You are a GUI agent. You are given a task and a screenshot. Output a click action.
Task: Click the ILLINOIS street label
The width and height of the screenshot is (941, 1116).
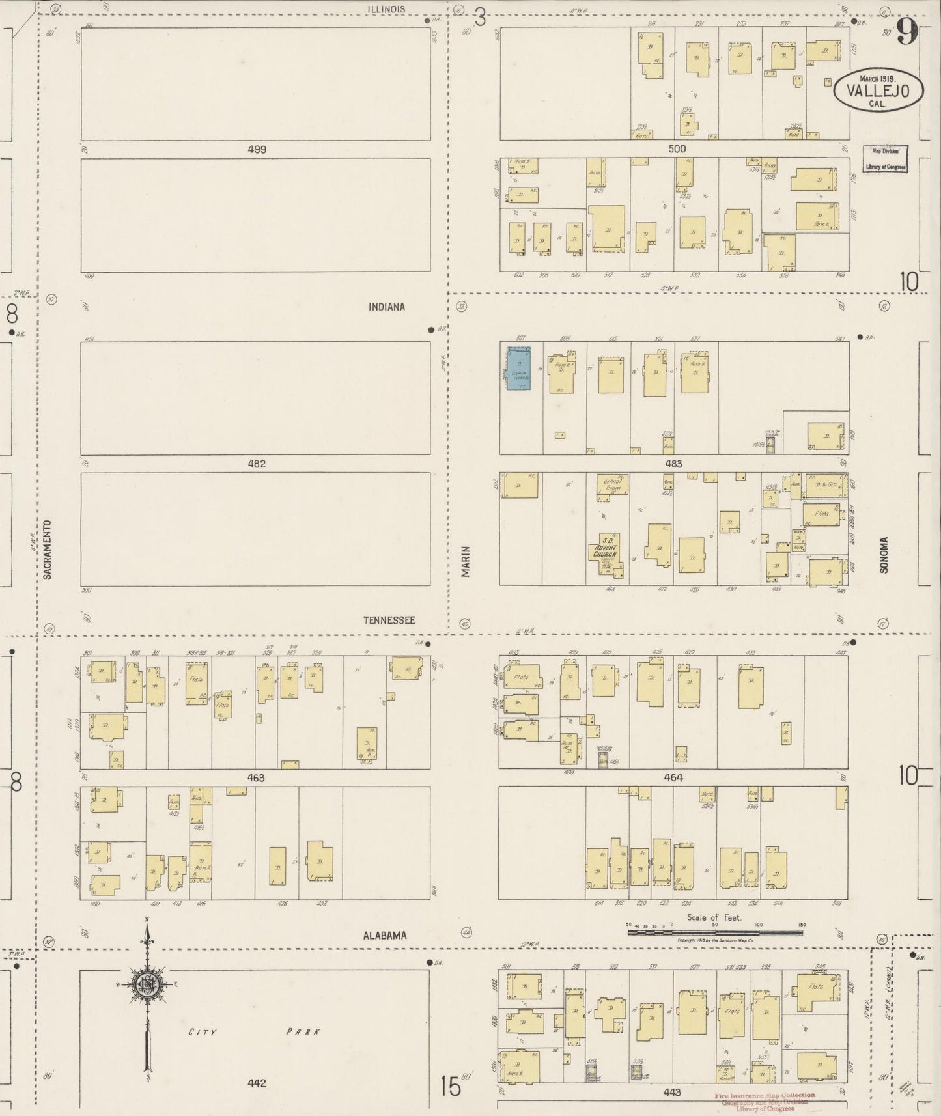click(386, 9)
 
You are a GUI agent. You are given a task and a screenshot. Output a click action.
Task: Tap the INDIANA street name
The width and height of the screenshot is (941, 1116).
click(387, 307)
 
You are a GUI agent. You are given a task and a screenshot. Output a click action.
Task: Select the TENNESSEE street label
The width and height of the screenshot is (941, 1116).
click(389, 621)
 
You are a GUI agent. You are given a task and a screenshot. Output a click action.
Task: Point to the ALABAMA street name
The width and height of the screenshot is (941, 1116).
click(385, 935)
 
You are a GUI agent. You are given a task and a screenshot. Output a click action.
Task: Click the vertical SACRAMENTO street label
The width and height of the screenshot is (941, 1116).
click(48, 550)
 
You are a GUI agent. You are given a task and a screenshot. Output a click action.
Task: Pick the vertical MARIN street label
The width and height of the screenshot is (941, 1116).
click(466, 561)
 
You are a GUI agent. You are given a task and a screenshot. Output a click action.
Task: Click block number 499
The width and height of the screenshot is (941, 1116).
click(257, 149)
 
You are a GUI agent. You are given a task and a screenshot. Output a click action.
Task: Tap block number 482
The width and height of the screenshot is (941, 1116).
click(257, 464)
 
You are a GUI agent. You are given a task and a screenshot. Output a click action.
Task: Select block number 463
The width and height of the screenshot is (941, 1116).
click(256, 778)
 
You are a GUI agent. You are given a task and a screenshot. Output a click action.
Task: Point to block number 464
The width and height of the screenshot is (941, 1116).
click(673, 777)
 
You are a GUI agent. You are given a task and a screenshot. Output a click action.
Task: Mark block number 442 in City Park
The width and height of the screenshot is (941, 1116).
click(257, 1083)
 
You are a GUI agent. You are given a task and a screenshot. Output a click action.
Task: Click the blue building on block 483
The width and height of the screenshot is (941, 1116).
click(518, 369)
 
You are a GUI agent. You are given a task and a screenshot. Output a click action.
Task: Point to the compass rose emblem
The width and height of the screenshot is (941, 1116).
click(148, 986)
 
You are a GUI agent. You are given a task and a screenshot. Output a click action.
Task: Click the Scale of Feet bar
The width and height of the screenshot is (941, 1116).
click(715, 932)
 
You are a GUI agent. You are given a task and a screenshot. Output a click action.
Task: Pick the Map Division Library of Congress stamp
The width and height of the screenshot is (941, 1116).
click(886, 159)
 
